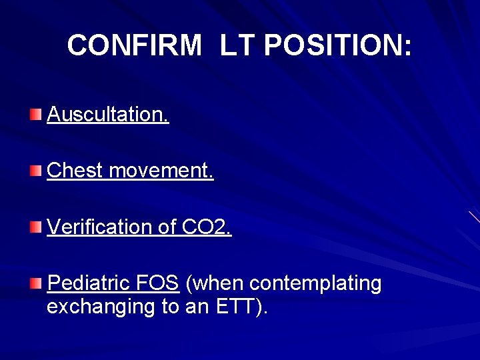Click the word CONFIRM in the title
tap(134, 46)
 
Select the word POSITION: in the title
tap(338, 46)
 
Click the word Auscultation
tap(108, 115)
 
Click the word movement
tap(161, 171)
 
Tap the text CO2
tap(207, 227)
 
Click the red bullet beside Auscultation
tap(35, 115)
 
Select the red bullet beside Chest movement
tap(35, 171)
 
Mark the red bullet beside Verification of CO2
tap(35, 228)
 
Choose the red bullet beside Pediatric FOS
tap(35, 284)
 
